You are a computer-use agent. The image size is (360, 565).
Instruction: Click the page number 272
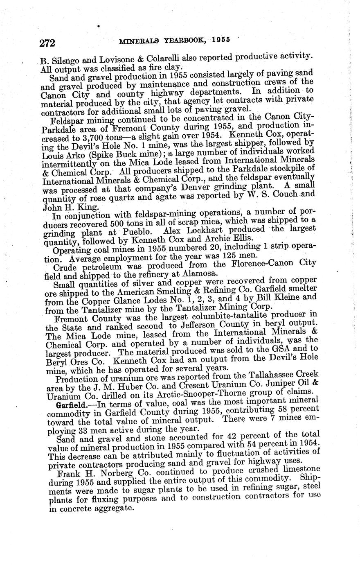(47, 43)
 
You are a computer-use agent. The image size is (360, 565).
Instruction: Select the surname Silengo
(67, 63)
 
